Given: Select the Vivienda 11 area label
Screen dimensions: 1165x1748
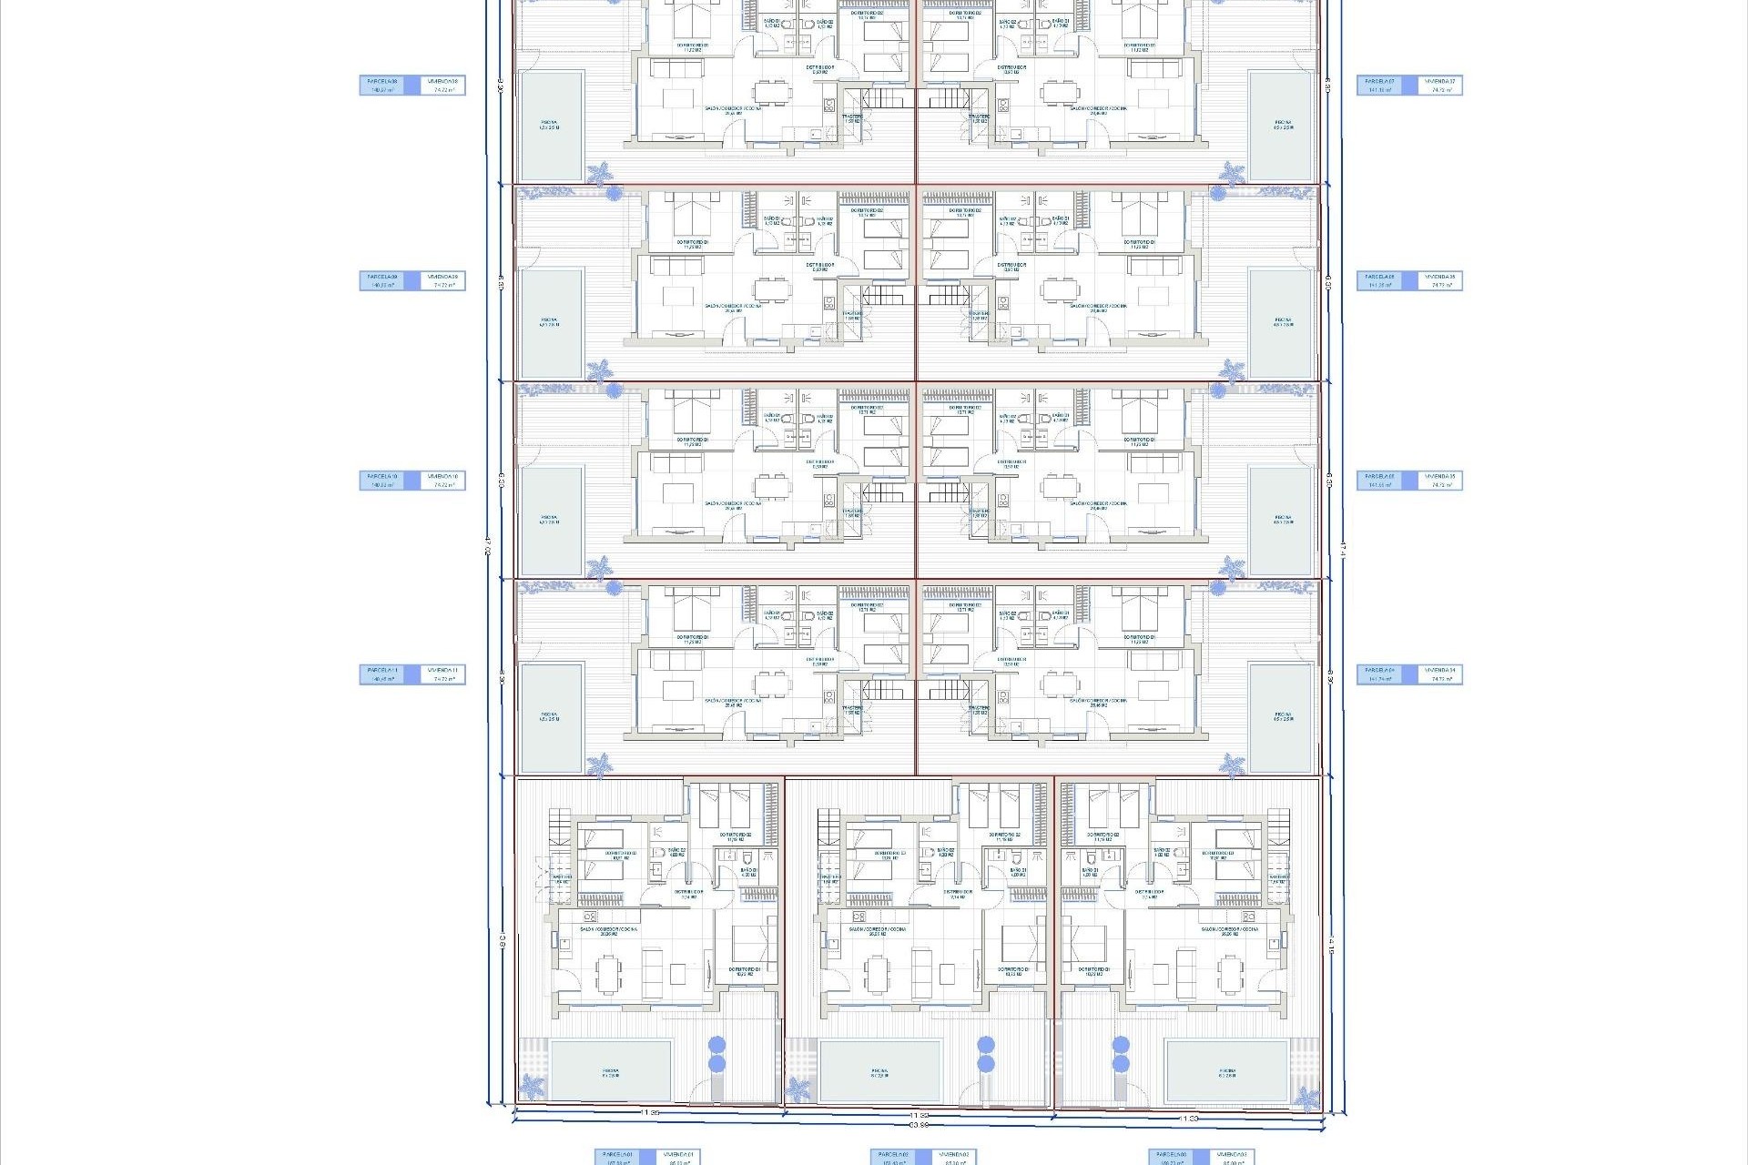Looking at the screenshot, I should pos(444,674).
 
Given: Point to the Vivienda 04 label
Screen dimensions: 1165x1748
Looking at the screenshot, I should pos(1440,674).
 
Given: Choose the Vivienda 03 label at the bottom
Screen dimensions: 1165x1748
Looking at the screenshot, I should pos(1232,1157).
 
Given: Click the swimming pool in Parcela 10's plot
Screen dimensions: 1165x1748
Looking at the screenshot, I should pos(550,521).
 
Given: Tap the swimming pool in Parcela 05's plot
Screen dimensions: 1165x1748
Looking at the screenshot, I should pos(1282,521).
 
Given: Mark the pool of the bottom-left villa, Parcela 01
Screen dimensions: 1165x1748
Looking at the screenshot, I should pos(610,1072).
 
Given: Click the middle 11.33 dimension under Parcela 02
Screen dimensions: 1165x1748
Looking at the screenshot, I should pos(919,1115).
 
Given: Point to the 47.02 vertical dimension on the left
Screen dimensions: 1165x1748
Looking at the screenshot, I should pos(488,546).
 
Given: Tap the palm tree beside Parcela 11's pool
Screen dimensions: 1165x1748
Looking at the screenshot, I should pos(599,765).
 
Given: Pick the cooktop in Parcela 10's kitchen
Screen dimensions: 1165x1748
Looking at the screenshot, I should pos(828,500).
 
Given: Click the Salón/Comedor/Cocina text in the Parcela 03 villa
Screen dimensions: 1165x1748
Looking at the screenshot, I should pos(1229,929).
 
